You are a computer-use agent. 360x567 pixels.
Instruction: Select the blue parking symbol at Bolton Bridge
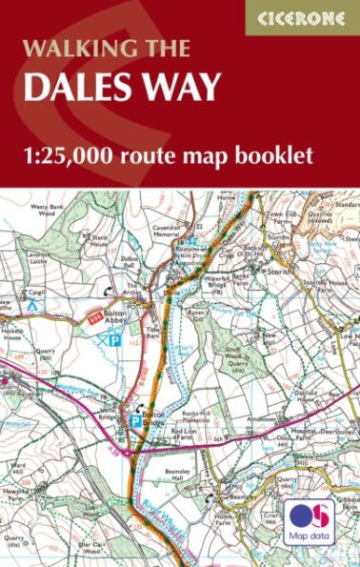tap(134, 416)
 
